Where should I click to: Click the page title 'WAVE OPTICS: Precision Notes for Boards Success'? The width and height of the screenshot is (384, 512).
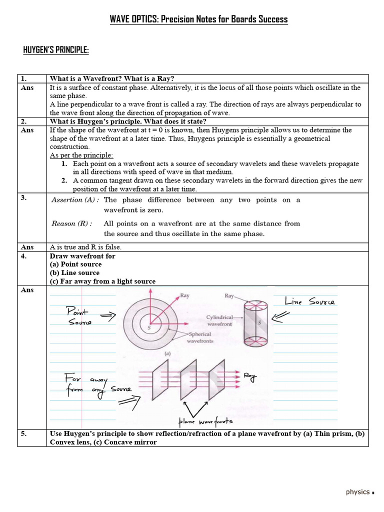[x=198, y=19]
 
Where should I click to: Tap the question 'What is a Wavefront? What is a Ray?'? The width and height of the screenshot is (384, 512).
[x=112, y=78]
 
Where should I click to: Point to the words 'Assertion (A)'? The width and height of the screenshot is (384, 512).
[x=75, y=200]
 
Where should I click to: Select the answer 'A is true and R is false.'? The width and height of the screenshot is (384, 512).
[x=85, y=247]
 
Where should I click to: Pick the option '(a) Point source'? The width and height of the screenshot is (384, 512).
[x=75, y=264]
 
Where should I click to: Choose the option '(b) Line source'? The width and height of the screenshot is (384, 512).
[x=74, y=273]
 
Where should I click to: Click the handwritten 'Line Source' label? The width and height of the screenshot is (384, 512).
[x=310, y=301]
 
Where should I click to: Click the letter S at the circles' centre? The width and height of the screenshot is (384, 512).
[x=149, y=327]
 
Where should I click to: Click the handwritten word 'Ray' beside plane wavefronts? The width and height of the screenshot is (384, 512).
[x=251, y=377]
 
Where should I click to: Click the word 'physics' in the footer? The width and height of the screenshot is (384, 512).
[x=357, y=492]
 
